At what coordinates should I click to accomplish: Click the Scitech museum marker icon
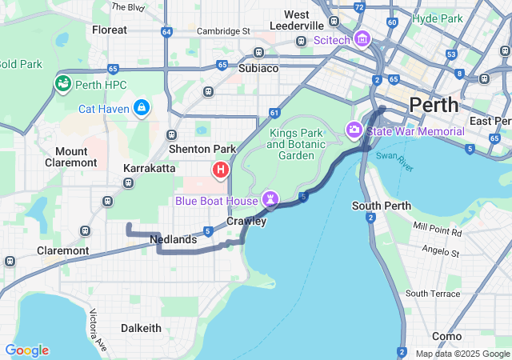(x=362, y=38)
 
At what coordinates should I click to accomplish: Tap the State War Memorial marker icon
(x=354, y=130)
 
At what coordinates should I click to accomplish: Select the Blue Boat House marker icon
(x=270, y=199)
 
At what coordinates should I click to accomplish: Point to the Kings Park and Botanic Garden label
(x=296, y=144)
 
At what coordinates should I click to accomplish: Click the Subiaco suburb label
(x=258, y=68)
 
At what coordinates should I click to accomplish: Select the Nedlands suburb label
(x=173, y=239)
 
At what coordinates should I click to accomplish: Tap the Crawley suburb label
(x=246, y=221)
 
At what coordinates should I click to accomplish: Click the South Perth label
(x=382, y=206)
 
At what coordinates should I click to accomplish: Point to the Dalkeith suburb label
(x=141, y=328)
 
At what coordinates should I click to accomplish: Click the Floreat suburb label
(x=110, y=30)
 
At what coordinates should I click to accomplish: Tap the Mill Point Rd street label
(x=438, y=231)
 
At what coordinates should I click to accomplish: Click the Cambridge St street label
(x=223, y=31)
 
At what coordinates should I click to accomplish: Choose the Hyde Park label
(x=439, y=18)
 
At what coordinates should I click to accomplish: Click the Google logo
(x=26, y=350)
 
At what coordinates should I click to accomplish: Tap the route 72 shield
(x=359, y=7)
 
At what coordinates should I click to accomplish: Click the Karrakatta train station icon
(x=129, y=183)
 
